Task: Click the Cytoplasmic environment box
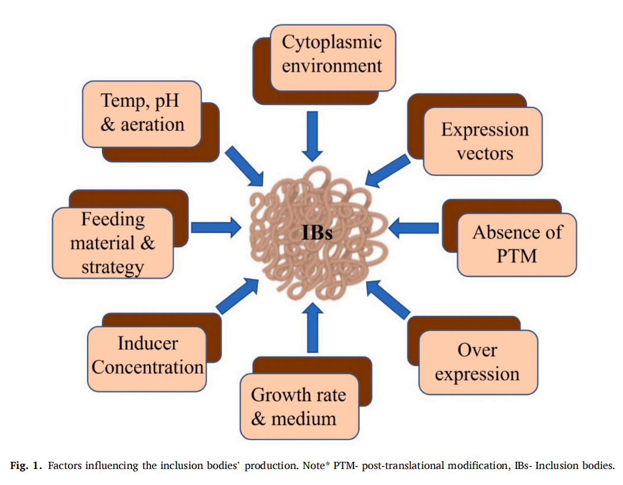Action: pos(333,58)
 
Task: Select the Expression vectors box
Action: pos(483,141)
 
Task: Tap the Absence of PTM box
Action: pos(517,245)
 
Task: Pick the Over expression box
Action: pos(479,362)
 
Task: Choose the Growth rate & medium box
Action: pos(300,406)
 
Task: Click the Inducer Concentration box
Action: pos(147,359)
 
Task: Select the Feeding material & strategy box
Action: pos(113,242)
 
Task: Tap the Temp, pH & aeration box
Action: pos(142,114)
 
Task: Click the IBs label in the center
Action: pos(317,233)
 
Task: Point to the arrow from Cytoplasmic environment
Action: pos(312,136)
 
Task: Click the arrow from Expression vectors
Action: pos(387,171)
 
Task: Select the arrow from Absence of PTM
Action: pos(413,228)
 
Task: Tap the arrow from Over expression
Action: pos(388,299)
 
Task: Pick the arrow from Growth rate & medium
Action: pos(313,327)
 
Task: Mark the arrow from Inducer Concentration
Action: pos(237,296)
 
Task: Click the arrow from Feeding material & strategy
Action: pos(216,228)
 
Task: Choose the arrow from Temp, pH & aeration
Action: pos(245,166)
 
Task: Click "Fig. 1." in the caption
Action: pos(26,465)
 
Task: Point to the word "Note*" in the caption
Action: pos(316,465)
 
